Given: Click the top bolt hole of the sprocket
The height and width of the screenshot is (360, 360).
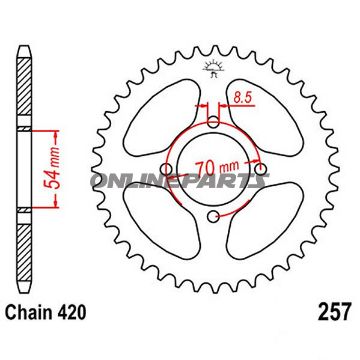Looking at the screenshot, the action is [x=214, y=122].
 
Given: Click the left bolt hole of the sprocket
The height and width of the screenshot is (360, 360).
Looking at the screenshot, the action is [x=167, y=168].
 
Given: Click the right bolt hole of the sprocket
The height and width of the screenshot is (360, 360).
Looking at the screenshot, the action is [x=260, y=169].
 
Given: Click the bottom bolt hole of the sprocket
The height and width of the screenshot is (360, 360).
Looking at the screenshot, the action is [x=213, y=216].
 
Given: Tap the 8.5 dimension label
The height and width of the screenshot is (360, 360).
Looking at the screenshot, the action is [x=242, y=97].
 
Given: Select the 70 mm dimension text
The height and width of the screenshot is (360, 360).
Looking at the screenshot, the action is [x=217, y=167].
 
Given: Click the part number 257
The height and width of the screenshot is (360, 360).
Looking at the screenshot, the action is [x=335, y=311].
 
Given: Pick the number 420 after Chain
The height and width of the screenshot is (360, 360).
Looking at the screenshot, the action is [x=72, y=313].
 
